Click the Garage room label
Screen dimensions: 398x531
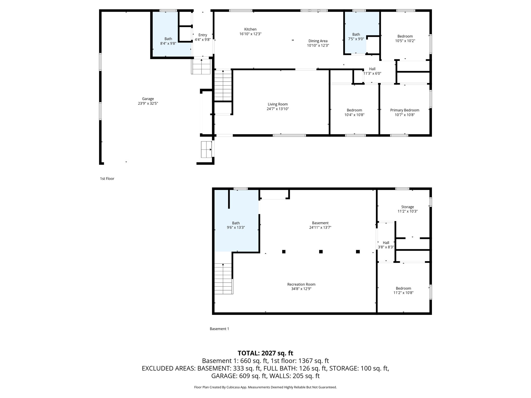coord(148,99)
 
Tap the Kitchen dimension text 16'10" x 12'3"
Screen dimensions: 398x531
coord(250,34)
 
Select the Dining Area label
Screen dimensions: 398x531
coord(318,41)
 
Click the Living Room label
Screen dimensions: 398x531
coord(277,104)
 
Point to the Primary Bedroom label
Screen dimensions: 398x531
coord(404,110)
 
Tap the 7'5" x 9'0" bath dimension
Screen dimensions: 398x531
coord(356,39)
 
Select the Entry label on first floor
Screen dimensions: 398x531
coord(202,35)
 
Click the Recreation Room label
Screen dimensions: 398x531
coord(301,284)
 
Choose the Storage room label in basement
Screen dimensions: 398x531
coord(407,207)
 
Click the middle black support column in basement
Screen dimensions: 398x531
coord(321,252)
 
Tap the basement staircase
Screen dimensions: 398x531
coord(223,278)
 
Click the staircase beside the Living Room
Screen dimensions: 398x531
coord(223,86)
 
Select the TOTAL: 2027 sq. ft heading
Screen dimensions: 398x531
coord(265,353)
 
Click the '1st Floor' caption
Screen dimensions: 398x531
coord(107,179)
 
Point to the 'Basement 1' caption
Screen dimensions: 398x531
coord(219,329)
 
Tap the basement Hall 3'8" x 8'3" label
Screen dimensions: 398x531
coord(386,245)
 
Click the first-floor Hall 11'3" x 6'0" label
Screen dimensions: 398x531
coord(372,71)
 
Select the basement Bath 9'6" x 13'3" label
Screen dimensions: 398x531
coord(236,225)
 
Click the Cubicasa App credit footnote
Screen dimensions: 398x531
coord(265,387)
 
